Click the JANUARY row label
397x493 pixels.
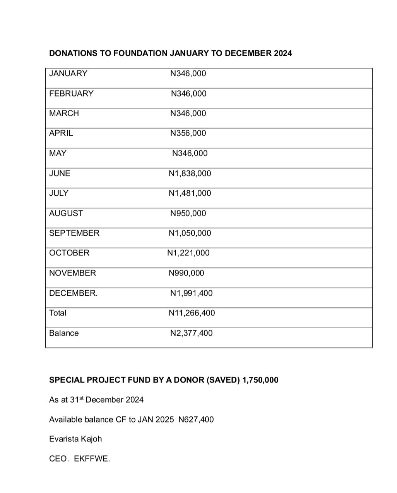(68, 74)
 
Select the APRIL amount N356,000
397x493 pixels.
(188, 133)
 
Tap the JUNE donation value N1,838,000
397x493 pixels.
(190, 173)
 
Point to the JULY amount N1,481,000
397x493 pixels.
(190, 193)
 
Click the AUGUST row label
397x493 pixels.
(66, 213)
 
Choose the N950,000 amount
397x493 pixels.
(188, 213)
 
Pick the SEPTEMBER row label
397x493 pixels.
(74, 233)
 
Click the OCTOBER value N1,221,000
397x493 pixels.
(188, 253)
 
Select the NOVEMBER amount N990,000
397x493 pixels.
(186, 273)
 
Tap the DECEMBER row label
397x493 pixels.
(73, 293)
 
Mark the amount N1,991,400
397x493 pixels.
(191, 293)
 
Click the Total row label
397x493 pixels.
(58, 313)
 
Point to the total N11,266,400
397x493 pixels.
(192, 313)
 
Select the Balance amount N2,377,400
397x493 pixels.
(191, 333)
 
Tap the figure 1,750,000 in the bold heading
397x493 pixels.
(260, 380)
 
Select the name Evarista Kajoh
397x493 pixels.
(75, 439)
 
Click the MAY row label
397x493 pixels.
(58, 153)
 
